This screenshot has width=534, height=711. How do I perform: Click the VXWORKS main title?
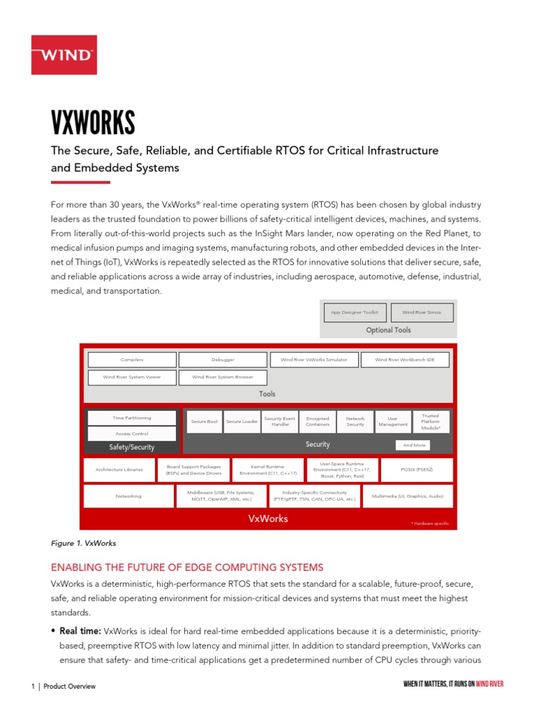point(93,124)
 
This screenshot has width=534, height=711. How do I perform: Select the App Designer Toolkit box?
point(354,312)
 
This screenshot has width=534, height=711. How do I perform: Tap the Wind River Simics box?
point(421,312)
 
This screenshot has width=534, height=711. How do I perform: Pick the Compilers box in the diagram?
point(131,360)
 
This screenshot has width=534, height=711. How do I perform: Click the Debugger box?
point(222,360)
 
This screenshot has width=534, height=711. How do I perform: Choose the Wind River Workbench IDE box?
point(404,360)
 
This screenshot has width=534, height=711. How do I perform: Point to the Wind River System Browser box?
point(222,378)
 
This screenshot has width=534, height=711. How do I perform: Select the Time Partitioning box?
point(131,418)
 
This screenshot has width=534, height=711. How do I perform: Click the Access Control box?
point(131,433)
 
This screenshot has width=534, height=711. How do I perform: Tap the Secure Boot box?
point(204,421)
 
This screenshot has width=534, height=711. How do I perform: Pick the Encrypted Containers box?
point(317,421)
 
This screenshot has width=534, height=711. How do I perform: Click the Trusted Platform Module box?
point(430,421)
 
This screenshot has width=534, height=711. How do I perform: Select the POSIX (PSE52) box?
point(416,470)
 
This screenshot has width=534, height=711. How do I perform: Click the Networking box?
point(128,496)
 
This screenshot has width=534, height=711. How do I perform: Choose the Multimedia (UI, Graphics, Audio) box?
point(407,496)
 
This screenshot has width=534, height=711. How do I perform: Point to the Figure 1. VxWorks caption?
point(83,542)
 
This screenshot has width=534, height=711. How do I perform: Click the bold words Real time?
point(81,631)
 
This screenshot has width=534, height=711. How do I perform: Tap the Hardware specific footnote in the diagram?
point(430,523)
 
